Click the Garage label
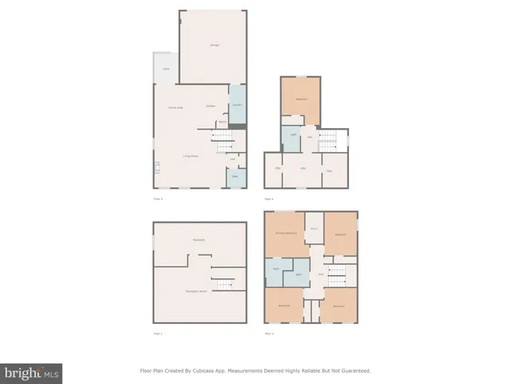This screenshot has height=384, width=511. click(x=213, y=45)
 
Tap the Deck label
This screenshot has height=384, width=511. click(x=166, y=70)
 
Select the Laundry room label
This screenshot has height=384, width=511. click(x=237, y=106)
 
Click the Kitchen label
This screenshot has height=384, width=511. click(x=211, y=106)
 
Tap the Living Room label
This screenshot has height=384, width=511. click(x=190, y=156)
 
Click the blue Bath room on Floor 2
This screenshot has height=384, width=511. click(x=236, y=177)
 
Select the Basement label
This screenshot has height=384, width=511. click(x=199, y=240)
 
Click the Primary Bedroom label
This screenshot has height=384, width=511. click(x=287, y=233)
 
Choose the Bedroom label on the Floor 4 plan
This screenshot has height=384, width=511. click(x=300, y=99)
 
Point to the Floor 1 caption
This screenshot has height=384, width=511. click(x=157, y=333)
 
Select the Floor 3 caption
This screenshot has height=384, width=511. click(x=269, y=333)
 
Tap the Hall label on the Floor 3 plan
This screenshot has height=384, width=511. click(x=320, y=274)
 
